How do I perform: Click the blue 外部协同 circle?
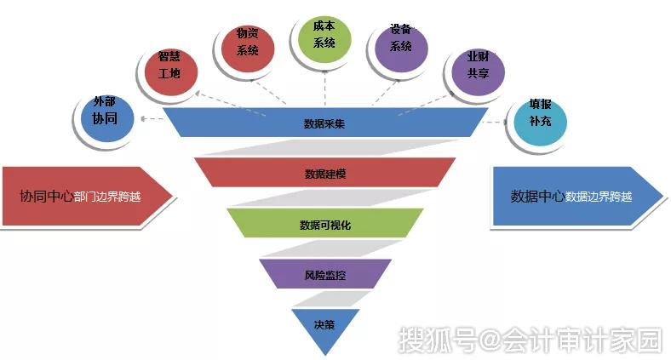(x=107, y=117)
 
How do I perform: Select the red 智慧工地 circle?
(x=171, y=71)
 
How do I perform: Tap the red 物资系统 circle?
(x=248, y=49)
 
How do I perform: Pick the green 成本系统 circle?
(x=324, y=39)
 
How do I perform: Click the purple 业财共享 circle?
(x=479, y=71)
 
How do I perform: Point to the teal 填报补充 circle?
(x=541, y=122)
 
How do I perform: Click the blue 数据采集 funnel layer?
(x=325, y=123)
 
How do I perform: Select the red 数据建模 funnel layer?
(x=325, y=173)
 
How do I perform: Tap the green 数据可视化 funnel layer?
(x=325, y=223)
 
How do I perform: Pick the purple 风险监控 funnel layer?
(x=325, y=274)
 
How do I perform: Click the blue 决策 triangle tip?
(x=325, y=354)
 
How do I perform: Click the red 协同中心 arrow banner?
(x=88, y=196)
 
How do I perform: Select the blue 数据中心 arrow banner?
(x=577, y=196)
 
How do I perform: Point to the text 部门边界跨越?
(x=107, y=197)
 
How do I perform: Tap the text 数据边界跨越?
(x=599, y=197)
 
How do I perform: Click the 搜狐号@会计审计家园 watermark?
(x=530, y=340)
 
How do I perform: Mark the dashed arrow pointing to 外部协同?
(x=152, y=119)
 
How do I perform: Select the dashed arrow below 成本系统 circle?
(x=324, y=88)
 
